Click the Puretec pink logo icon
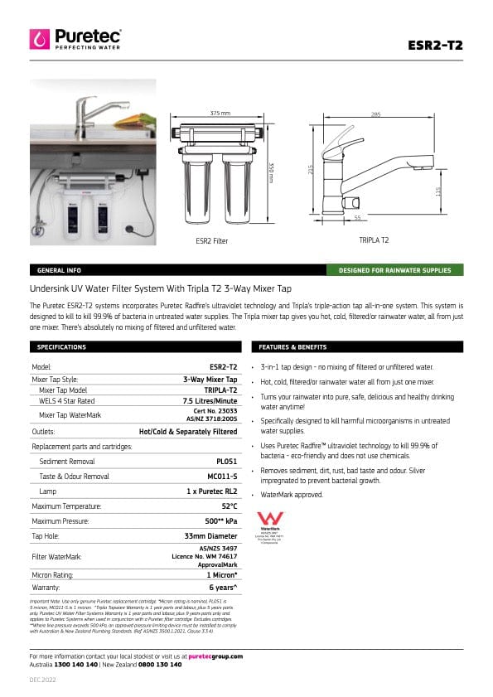click(40, 39)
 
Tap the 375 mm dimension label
click(220, 112)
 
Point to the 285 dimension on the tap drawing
click(376, 114)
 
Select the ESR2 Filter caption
click(211, 240)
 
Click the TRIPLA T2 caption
click(374, 240)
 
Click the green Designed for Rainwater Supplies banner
click(394, 270)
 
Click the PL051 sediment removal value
click(226, 461)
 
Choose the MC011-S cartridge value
click(222, 476)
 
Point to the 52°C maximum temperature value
click(229, 506)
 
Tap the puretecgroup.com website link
click(215, 656)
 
